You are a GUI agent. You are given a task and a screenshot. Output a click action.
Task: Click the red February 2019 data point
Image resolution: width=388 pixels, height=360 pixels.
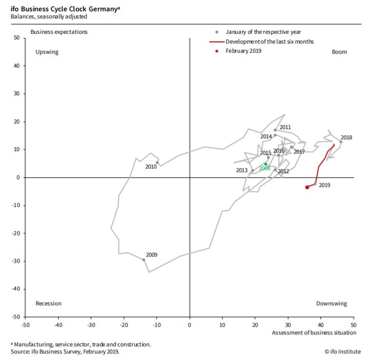click(307, 187)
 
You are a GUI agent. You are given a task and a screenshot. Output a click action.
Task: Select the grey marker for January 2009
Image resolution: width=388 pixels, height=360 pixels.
click(144, 260)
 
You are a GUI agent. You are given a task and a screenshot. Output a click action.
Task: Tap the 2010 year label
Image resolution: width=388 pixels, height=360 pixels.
click(151, 167)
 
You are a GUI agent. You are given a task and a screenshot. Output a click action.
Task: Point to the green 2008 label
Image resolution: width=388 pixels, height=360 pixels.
click(264, 168)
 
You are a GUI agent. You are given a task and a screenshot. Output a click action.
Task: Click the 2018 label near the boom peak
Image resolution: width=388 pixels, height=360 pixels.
click(346, 137)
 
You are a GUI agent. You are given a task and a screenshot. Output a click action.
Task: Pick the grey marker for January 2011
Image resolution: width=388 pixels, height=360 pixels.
click(275, 130)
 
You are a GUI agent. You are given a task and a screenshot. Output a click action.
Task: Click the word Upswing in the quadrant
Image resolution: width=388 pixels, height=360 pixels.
click(47, 52)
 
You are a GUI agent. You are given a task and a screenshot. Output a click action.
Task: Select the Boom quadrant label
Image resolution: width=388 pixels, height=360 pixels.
click(339, 52)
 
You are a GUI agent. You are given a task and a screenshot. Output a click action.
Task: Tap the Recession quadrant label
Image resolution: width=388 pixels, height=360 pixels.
click(48, 304)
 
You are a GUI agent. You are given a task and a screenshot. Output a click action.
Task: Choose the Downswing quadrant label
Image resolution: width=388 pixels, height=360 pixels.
click(331, 304)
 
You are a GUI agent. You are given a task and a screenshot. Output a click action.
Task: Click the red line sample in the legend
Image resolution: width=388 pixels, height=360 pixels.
click(216, 41)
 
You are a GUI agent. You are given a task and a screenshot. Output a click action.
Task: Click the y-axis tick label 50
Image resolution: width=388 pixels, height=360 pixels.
click(16, 38)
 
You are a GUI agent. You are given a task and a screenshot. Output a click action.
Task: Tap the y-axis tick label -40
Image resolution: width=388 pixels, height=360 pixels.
click(15, 289)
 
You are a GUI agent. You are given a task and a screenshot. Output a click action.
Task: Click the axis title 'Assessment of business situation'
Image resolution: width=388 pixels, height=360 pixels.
click(314, 333)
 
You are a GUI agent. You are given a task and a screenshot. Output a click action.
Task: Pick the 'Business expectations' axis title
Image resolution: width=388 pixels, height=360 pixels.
click(59, 32)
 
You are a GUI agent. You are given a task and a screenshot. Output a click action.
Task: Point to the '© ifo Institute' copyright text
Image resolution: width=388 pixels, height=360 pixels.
click(343, 352)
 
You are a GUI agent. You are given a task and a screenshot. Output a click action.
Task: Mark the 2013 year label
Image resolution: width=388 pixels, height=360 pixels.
click(242, 171)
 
